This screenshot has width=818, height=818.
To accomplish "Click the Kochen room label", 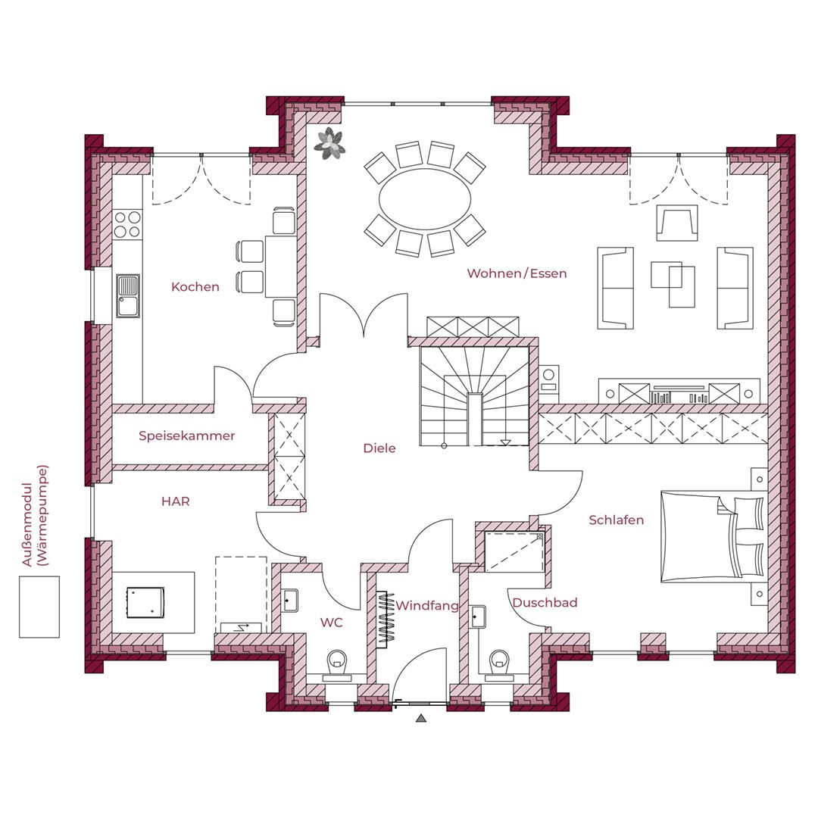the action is point(195,286).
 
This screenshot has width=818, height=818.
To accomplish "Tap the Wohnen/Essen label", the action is point(517,273).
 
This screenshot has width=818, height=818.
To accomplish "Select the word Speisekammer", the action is point(187,436).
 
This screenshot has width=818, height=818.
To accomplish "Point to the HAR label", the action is point(175,501).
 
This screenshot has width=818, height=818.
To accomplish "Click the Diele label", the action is point(379,448).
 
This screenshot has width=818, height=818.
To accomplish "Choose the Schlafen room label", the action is point(616,520).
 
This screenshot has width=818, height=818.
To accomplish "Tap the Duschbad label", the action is point(545,603).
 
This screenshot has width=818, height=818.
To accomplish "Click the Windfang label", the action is point(426,606).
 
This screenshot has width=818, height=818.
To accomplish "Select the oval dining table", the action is point(425,198).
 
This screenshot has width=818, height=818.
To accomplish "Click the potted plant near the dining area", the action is point(329,142).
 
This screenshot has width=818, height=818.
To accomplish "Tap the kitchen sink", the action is point(128,296).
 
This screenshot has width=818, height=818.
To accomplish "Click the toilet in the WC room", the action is point(337,665).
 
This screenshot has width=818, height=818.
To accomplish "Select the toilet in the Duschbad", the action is point(499,665).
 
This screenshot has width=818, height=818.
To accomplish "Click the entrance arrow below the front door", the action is point(422,718).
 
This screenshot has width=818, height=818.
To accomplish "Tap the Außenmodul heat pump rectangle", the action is point(39,607).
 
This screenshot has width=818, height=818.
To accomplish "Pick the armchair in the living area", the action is point(677,223).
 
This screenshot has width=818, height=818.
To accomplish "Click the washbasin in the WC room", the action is point(290,601).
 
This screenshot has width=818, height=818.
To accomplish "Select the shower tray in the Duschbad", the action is point(514,551).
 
